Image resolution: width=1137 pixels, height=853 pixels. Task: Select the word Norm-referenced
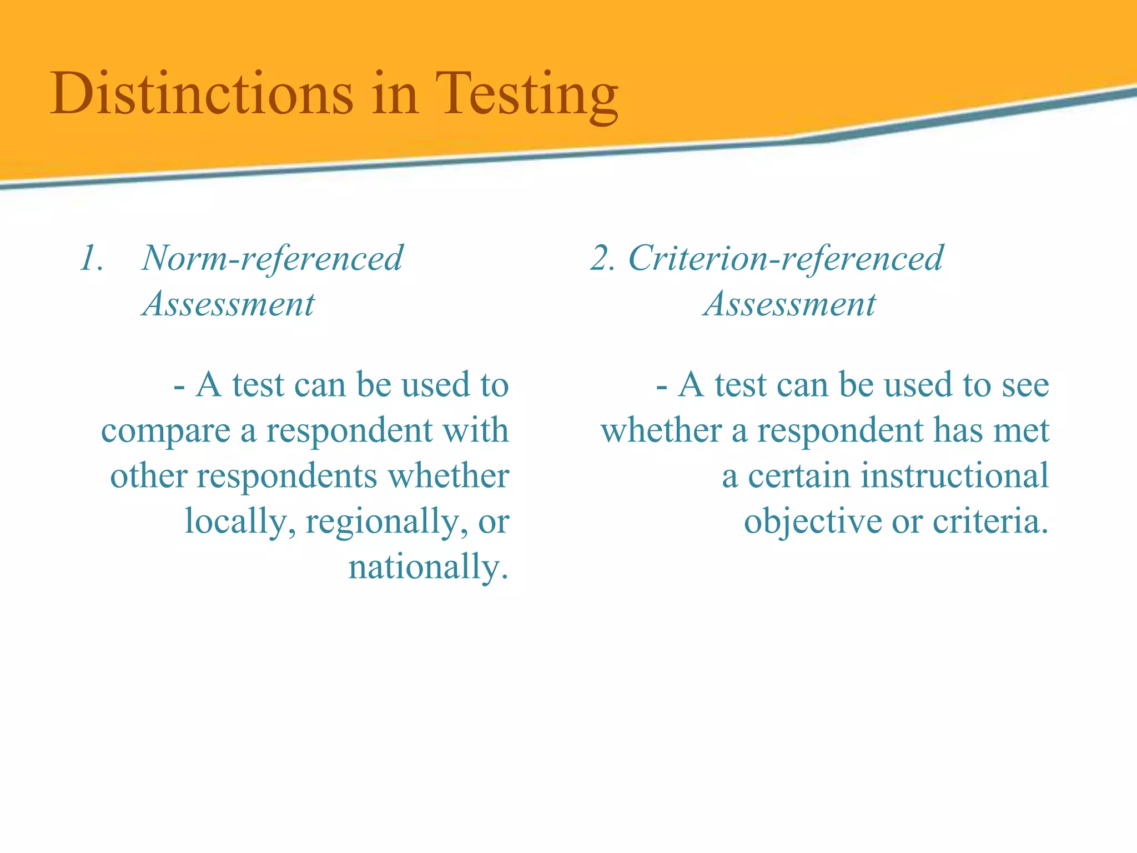(x=273, y=258)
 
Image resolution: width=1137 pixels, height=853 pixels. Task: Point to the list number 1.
(x=91, y=259)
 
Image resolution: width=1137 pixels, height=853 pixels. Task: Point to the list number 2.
(x=602, y=259)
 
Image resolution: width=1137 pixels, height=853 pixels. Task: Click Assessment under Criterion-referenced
(x=790, y=304)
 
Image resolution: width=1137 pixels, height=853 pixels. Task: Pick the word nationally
(x=428, y=568)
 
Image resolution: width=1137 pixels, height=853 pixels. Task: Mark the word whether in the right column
(x=661, y=430)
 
